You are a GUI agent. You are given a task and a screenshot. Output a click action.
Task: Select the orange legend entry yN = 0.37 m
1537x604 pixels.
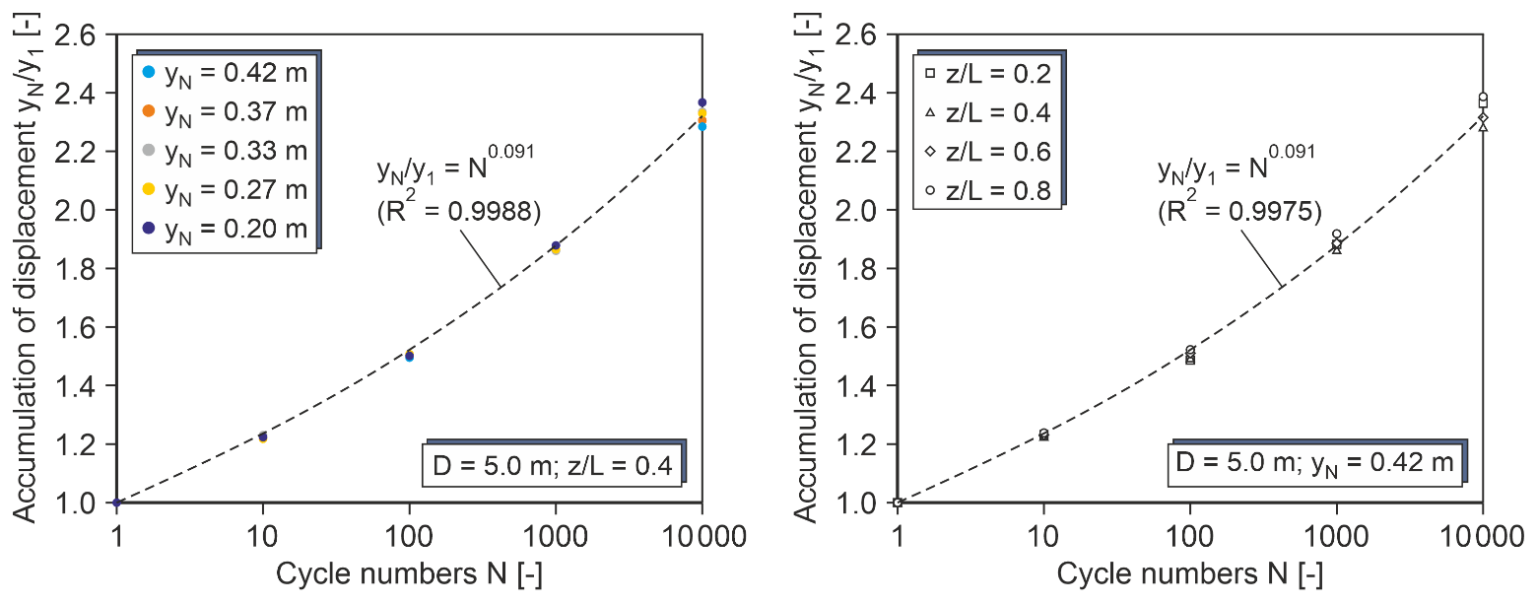(x=226, y=111)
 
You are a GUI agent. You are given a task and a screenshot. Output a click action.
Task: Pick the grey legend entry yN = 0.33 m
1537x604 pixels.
(x=226, y=151)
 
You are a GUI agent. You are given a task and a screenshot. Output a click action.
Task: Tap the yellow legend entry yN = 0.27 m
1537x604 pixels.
(x=226, y=189)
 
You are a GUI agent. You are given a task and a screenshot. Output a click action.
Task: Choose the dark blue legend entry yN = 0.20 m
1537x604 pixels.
(x=226, y=229)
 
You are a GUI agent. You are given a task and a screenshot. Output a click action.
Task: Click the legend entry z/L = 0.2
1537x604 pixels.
(x=990, y=74)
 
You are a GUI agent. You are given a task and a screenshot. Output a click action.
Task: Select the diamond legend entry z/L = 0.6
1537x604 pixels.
(x=990, y=152)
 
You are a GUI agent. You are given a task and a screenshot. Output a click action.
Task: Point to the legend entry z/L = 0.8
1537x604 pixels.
(x=990, y=191)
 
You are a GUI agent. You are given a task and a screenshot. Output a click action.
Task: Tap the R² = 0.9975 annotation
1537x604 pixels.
(x=1238, y=209)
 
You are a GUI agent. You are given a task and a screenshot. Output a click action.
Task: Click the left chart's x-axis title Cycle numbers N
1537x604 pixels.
(x=408, y=575)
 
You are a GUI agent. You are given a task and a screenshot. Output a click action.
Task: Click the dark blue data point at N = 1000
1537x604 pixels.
(x=556, y=245)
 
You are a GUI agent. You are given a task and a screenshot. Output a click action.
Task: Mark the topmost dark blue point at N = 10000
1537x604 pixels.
(x=702, y=102)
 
